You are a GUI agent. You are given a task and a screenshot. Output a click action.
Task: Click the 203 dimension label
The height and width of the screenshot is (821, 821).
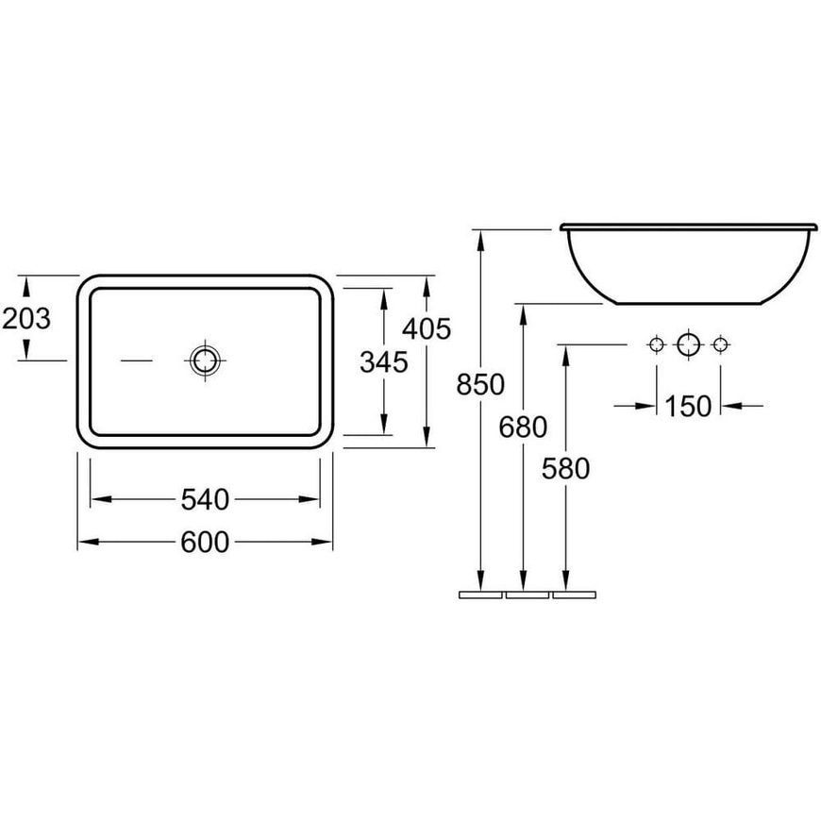tap(26, 318)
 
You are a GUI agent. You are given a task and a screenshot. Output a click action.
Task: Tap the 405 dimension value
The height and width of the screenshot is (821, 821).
tap(427, 329)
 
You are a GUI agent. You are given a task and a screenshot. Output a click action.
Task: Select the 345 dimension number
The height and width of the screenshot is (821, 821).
tap(384, 362)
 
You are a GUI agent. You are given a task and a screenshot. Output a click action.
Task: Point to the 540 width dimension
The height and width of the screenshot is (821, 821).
tap(206, 499)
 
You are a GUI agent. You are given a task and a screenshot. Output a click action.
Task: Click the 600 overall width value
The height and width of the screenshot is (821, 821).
tap(206, 542)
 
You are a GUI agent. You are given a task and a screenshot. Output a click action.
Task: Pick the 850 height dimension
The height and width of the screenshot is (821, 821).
tap(480, 384)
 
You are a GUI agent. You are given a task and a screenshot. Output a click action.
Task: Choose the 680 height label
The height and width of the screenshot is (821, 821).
tap(523, 427)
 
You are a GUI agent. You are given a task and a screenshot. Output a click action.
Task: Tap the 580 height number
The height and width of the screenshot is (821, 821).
tap(565, 469)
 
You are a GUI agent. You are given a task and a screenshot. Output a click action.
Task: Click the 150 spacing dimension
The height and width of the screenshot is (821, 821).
tap(688, 406)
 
